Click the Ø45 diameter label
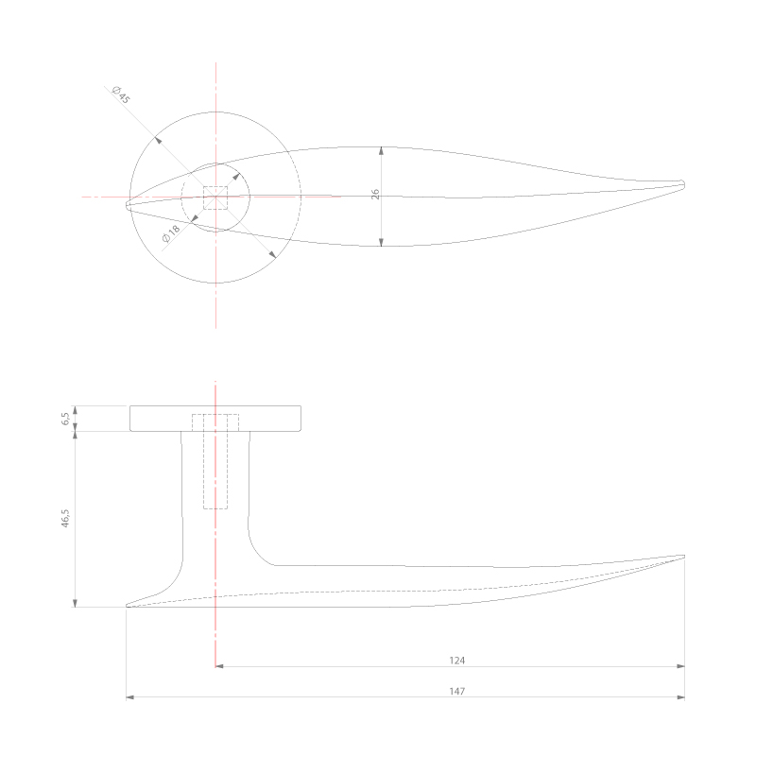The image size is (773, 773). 120,94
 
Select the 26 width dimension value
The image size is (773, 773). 375,195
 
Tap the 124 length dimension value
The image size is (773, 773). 458,661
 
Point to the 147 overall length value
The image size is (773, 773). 456,692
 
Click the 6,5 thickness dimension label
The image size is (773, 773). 66,419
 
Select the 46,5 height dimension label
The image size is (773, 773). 66,520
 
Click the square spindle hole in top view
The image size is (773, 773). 216,198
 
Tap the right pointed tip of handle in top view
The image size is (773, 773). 682,183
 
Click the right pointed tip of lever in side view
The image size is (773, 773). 683,556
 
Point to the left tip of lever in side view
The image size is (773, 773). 128,606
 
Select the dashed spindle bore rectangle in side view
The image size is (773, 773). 215,461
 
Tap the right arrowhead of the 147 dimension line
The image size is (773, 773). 680,697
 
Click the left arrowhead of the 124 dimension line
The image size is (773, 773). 219,666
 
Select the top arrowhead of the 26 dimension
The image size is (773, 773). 381,150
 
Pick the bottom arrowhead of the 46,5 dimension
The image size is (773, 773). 75,602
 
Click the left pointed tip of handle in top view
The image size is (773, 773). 128,203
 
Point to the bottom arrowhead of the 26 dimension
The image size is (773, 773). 381,243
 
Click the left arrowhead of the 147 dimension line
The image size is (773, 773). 130,697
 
